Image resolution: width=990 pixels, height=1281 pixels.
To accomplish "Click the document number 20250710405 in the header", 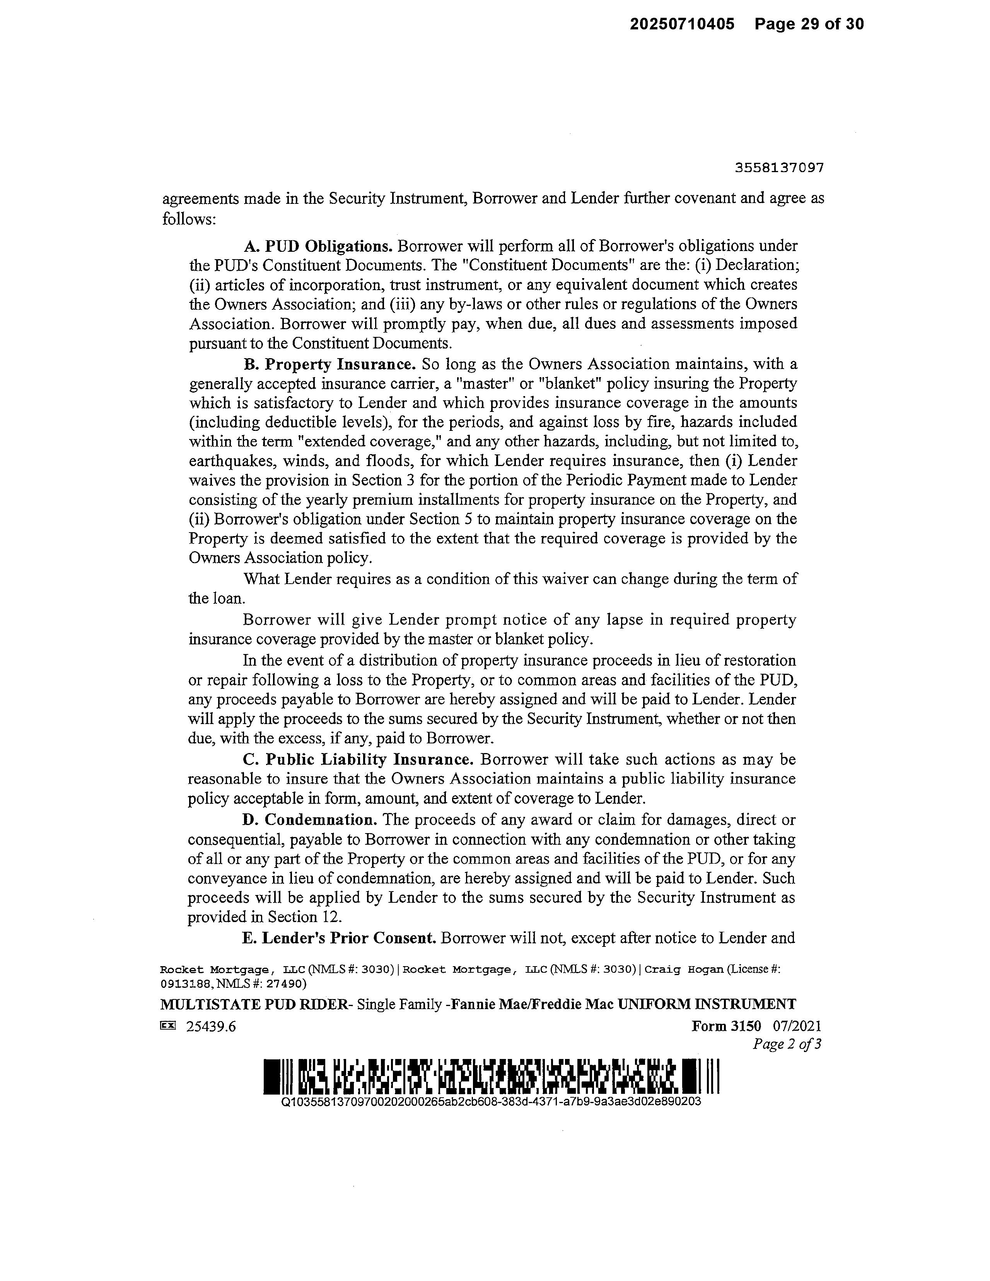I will (x=682, y=24).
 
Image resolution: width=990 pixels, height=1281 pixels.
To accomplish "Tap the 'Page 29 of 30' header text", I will (x=809, y=24).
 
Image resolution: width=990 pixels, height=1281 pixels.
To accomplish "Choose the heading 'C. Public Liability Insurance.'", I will (x=358, y=760).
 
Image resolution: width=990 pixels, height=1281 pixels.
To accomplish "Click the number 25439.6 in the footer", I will (x=210, y=1027).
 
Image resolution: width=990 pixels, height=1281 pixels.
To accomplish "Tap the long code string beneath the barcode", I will (x=492, y=1102).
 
